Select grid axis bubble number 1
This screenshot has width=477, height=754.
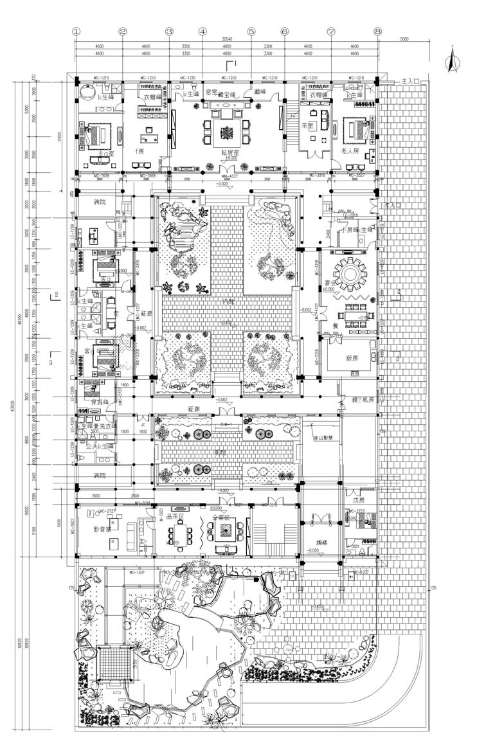tap(76, 30)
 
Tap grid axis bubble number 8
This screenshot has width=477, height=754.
tap(378, 30)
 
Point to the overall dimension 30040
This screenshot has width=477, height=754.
tap(226, 39)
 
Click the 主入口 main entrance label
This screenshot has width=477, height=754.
tap(410, 82)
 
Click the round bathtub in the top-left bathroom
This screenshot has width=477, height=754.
tap(85, 92)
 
